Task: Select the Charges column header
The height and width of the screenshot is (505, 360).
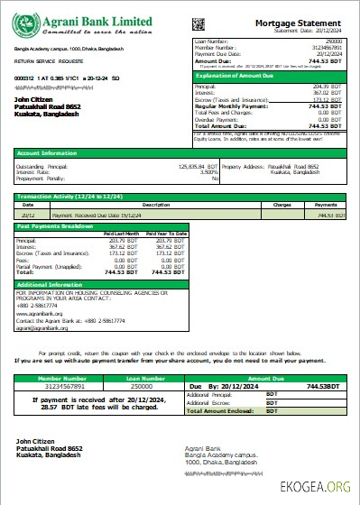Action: [x=282, y=205]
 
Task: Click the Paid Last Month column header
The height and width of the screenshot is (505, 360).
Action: [x=123, y=233]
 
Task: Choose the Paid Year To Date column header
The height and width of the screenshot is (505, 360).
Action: [x=167, y=233]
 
